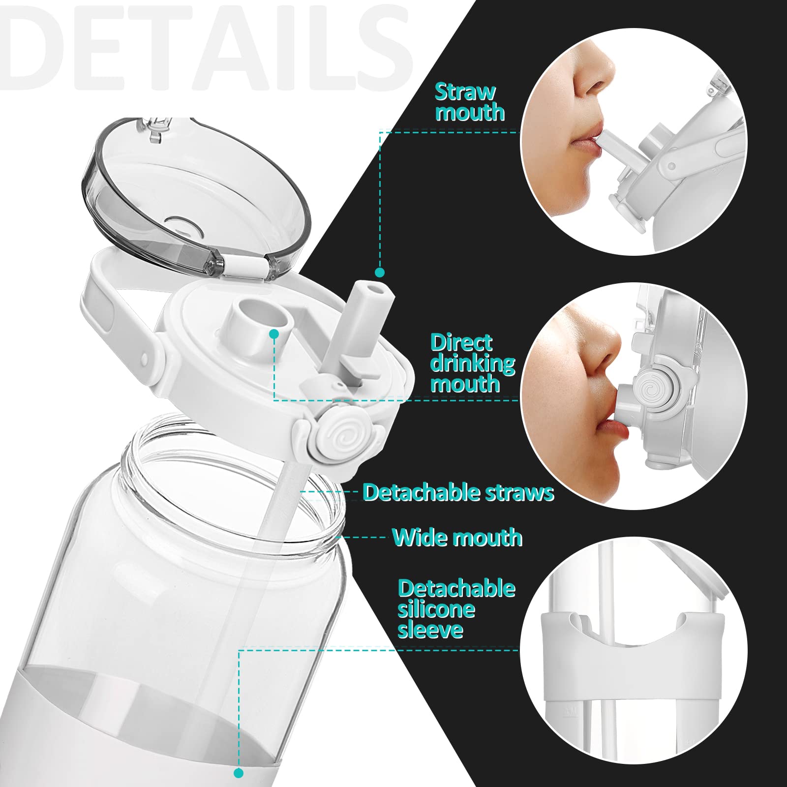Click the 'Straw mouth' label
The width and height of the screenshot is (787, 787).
470,102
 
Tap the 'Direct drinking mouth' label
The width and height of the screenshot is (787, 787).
473,363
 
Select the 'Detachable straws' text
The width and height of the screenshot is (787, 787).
458,492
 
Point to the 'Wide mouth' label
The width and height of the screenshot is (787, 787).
457,537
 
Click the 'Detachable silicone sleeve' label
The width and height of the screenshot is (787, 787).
456,609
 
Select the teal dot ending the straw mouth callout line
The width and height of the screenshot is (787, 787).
379,272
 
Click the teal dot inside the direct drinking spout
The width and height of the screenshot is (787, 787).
274,334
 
